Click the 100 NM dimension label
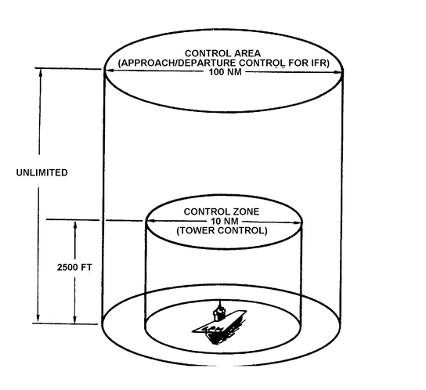click(225, 72)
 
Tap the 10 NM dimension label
click(225, 221)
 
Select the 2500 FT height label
click(74, 267)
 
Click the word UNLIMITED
click(42, 172)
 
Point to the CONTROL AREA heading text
click(222, 53)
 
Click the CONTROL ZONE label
click(222, 211)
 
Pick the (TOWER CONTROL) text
click(222, 231)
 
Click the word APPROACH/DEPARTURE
click(177, 63)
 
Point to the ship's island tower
click(219, 312)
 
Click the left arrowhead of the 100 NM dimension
click(109, 70)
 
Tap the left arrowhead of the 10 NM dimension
click(150, 221)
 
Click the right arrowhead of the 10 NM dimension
click(298, 222)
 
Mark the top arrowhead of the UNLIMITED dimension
click(41, 73)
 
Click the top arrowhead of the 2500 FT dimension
click(75, 226)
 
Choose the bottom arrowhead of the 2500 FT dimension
click(75, 319)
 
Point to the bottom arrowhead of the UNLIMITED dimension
click(38, 317)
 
